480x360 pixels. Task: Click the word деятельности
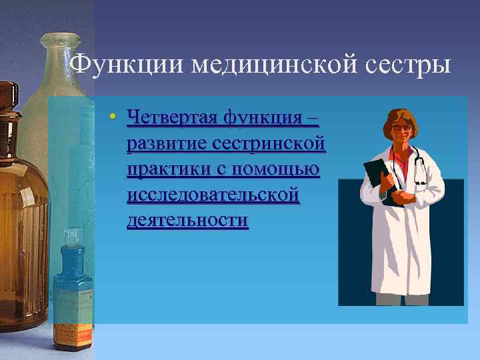point(187,221)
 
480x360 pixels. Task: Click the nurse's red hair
point(400,113)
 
